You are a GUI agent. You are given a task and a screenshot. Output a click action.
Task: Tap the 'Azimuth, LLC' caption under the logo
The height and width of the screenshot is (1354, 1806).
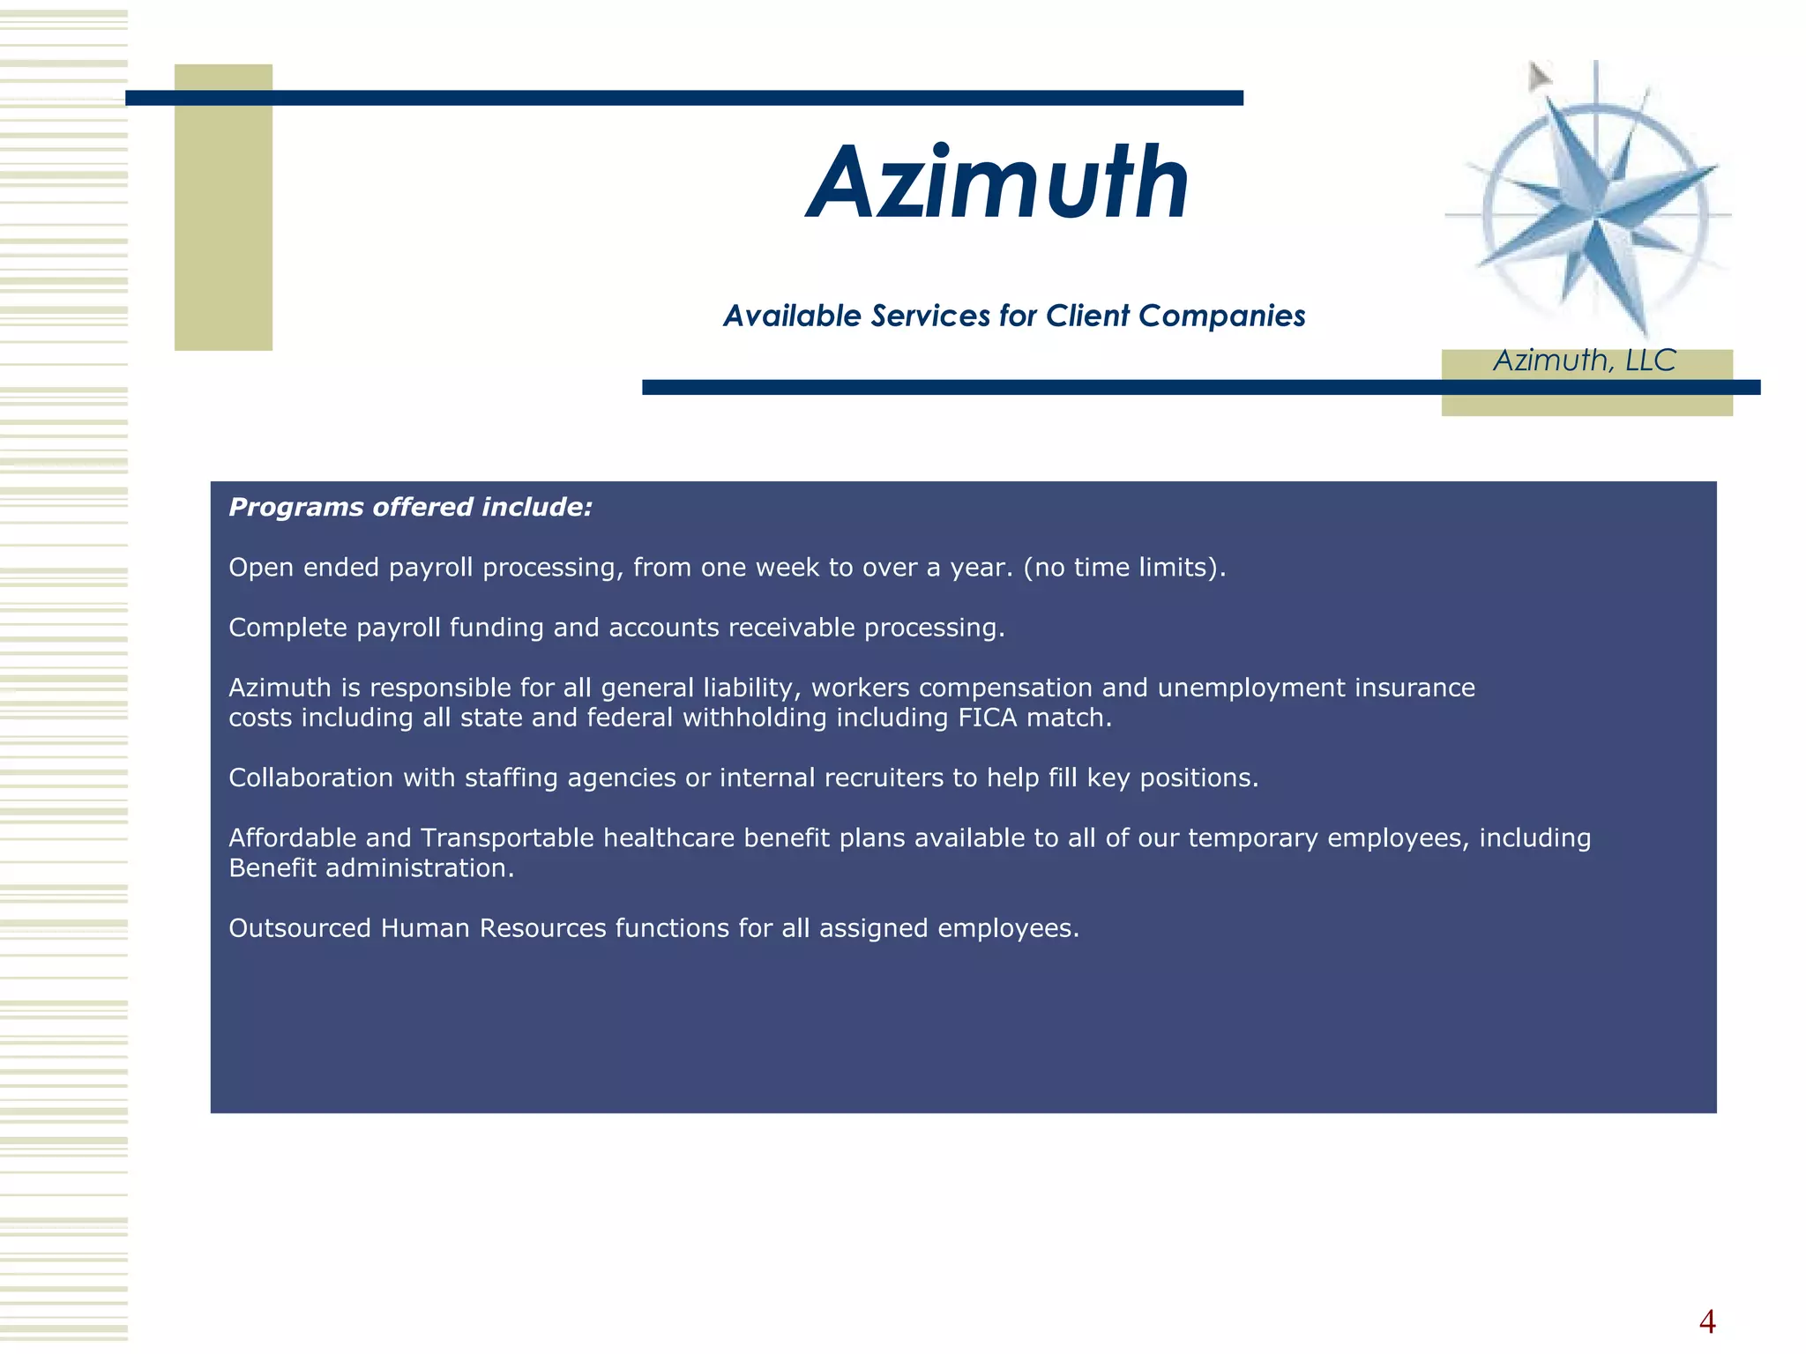click(x=1585, y=361)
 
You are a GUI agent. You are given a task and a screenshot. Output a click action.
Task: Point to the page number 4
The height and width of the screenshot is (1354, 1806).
click(x=1707, y=1321)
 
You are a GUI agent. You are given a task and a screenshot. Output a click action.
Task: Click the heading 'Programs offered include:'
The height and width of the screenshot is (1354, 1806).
click(x=410, y=507)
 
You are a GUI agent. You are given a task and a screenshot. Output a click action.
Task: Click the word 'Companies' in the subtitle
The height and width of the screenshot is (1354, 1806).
click(x=1221, y=316)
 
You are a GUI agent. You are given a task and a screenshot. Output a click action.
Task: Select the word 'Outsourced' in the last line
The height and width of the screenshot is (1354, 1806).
click(x=299, y=928)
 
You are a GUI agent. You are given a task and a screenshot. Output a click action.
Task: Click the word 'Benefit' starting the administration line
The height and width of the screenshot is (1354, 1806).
click(x=272, y=868)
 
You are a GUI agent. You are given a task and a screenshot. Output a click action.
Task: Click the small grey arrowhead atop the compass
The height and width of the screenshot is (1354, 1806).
click(x=1539, y=77)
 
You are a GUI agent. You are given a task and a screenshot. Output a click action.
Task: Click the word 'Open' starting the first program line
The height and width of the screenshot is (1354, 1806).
click(x=261, y=568)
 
